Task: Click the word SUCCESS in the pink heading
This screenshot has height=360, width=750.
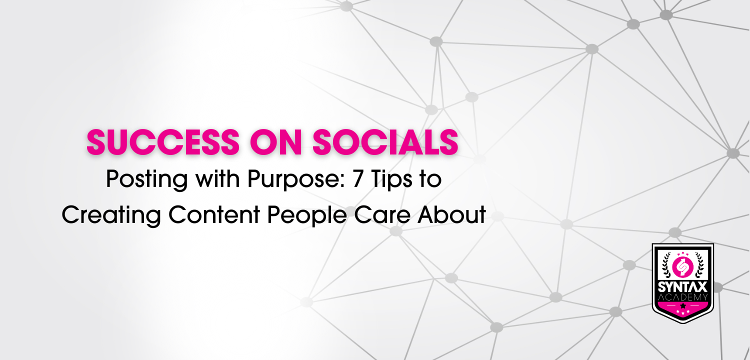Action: pyautogui.click(x=163, y=142)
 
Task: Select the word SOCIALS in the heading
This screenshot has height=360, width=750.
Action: pyautogui.click(x=385, y=142)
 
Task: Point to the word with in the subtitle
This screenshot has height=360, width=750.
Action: pyautogui.click(x=218, y=178)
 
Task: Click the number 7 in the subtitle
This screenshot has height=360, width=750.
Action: pyautogui.click(x=358, y=179)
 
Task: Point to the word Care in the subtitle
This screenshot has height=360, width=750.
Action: pyautogui.click(x=382, y=214)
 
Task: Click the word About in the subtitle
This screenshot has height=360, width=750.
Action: pyautogui.click(x=451, y=214)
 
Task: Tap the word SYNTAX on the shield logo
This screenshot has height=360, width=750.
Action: pyautogui.click(x=682, y=287)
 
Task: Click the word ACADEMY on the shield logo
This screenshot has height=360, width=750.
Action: pyautogui.click(x=682, y=297)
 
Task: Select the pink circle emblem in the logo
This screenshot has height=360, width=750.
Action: pyautogui.click(x=682, y=267)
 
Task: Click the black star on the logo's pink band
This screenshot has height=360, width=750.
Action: pyautogui.click(x=683, y=305)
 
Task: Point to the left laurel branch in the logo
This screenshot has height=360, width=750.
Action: pyautogui.click(x=666, y=265)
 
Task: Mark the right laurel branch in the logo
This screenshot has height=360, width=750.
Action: pyautogui.click(x=700, y=265)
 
